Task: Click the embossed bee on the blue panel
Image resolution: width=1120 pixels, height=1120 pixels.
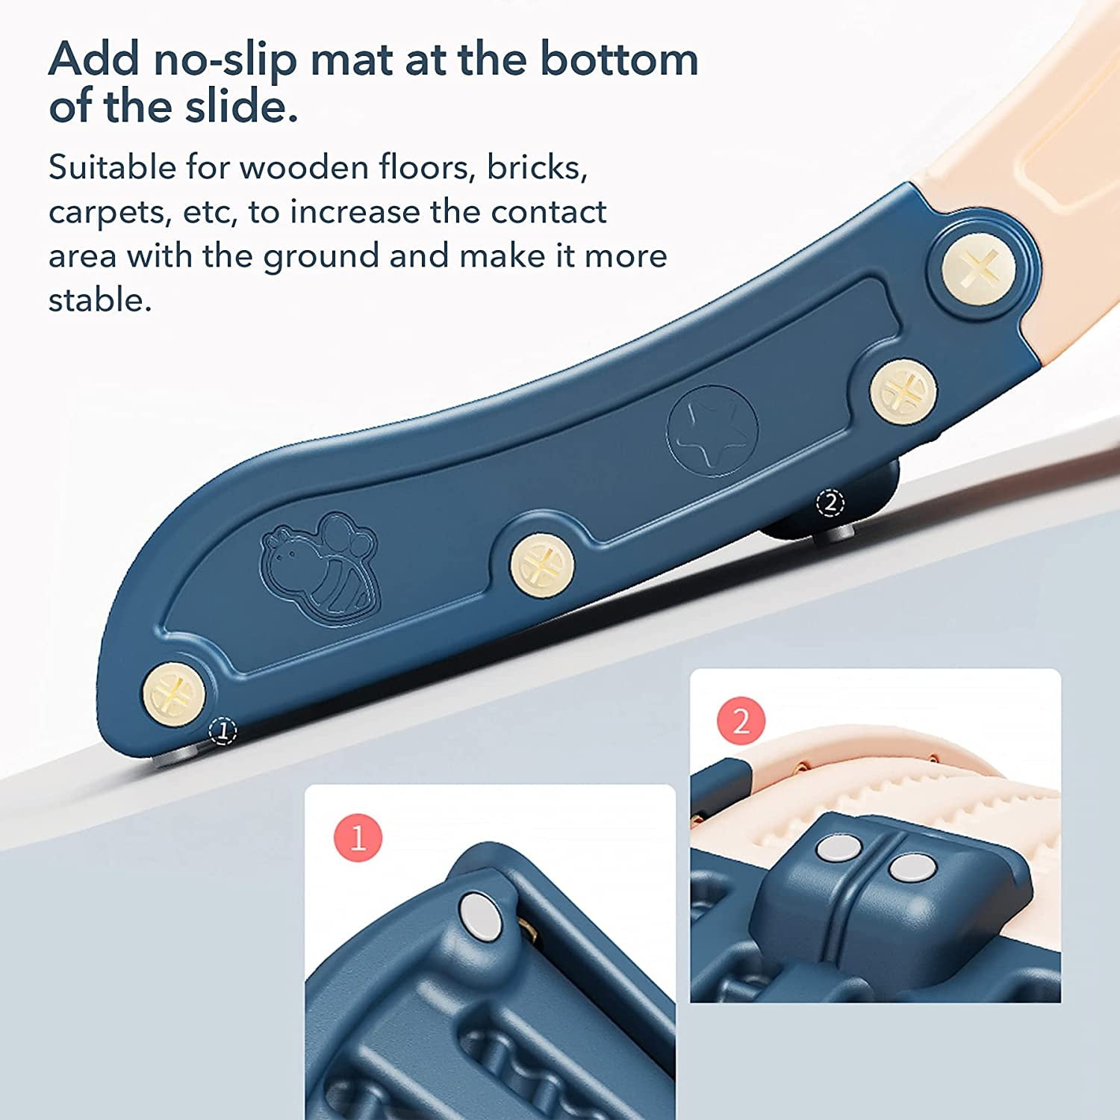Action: point(320,565)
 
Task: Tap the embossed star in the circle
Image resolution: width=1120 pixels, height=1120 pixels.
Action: point(712,431)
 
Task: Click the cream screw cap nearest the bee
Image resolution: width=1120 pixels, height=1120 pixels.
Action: point(542,565)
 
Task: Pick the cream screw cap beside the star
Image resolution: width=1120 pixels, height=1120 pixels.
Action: point(903,391)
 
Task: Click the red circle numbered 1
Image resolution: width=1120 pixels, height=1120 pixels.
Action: point(358,838)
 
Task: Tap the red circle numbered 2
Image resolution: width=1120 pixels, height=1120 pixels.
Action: point(741,721)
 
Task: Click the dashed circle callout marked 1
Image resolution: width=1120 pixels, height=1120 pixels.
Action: point(223,730)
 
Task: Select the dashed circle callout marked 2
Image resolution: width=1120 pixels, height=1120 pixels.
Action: point(831,503)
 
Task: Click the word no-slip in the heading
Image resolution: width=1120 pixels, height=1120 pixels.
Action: point(223,60)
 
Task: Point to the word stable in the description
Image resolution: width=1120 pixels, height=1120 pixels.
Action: point(100,300)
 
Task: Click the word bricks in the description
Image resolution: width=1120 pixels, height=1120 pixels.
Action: point(537,167)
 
